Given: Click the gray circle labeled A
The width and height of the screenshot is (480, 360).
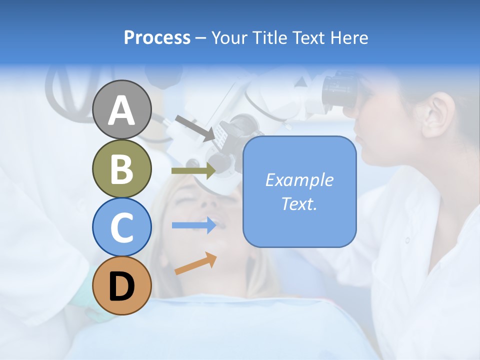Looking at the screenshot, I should coord(121,110).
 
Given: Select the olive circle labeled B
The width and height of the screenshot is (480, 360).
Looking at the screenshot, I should coord(121,169).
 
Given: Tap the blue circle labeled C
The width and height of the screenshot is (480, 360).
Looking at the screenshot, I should coord(121,227).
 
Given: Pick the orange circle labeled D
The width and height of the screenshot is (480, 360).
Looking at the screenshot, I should coord(121,286).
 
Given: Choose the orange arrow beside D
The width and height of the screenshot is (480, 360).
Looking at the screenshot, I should coord(195,263).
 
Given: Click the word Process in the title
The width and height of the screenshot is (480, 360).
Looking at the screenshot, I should coord(157,38).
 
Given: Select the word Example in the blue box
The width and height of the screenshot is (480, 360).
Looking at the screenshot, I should coord(299,180).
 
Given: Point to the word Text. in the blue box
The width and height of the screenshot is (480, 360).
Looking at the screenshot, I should coord(299,203).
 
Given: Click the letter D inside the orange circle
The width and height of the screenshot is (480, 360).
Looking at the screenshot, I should coord(121,287).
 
